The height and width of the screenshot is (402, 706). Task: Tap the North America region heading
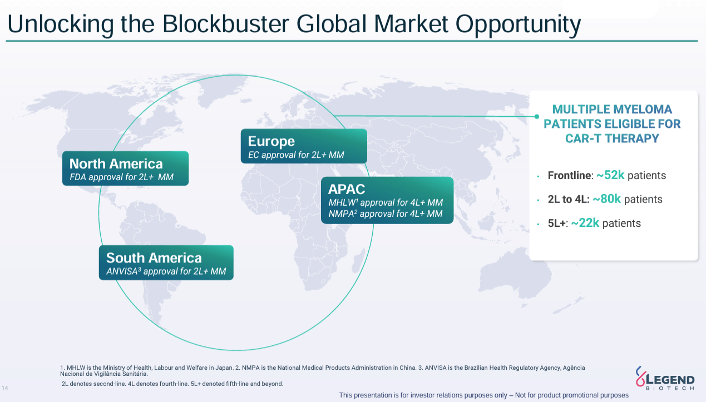pos(116,163)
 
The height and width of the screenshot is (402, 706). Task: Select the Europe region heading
pos(271,141)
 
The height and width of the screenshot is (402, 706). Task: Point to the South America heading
pos(154,258)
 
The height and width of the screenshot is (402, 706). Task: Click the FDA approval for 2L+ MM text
pos(121,177)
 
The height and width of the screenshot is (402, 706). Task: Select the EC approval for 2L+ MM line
pos(296,155)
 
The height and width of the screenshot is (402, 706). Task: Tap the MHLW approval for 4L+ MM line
pos(385,202)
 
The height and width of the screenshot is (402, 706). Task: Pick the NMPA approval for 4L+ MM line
pos(385,214)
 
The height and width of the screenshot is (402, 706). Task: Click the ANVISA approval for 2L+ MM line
pos(166,271)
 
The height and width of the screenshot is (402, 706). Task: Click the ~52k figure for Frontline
pos(610,175)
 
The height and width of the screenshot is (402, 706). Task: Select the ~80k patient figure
pos(606,199)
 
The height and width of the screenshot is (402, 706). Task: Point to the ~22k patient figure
pos(585,223)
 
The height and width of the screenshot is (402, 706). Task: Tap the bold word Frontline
pos(569,176)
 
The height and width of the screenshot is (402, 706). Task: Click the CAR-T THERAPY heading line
pos(612,138)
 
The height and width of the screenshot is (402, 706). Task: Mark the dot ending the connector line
pos(537,116)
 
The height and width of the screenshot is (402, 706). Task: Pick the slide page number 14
pos(5,388)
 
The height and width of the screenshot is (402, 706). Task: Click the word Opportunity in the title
pos(519,24)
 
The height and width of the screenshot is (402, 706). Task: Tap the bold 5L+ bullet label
pos(556,224)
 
